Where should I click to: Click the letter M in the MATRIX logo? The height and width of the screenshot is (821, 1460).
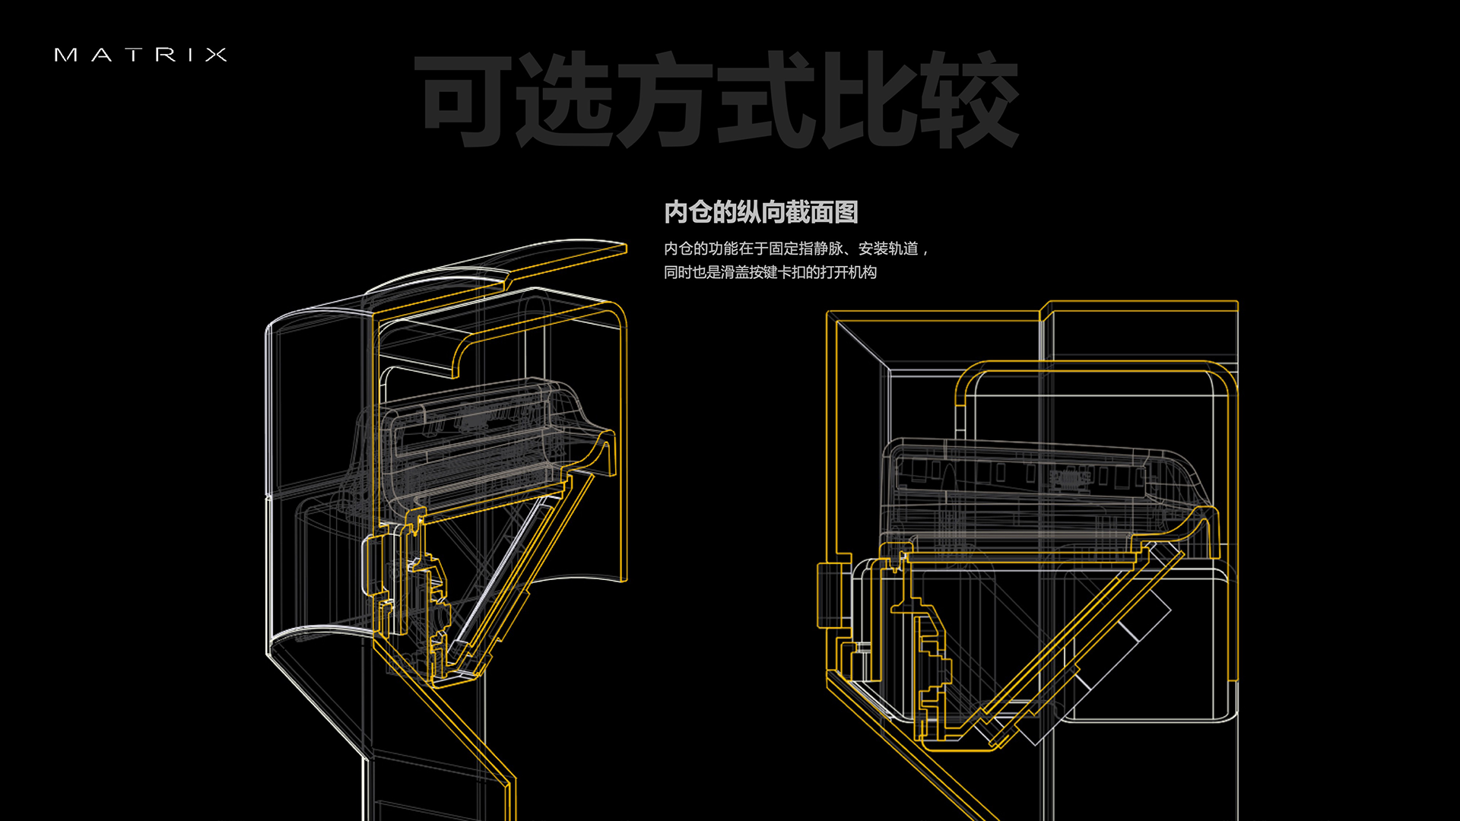(x=65, y=55)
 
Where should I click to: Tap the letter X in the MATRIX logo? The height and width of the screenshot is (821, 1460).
(x=216, y=55)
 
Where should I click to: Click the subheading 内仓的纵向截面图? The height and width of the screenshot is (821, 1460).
(x=760, y=212)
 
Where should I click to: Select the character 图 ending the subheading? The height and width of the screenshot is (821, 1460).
(x=846, y=212)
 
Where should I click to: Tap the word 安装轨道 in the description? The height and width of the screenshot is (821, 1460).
(x=888, y=249)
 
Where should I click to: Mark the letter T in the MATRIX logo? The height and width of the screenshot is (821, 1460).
(x=134, y=55)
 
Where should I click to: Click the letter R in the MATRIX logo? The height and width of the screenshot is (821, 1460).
(x=165, y=55)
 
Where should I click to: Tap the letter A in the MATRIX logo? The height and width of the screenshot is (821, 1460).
(x=102, y=55)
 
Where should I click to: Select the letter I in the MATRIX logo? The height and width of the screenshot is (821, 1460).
(x=191, y=55)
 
